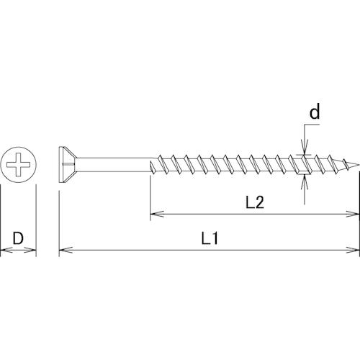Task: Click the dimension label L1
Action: click(210, 239)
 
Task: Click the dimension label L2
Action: click(255, 202)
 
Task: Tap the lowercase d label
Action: click(315, 112)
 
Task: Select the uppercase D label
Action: click(18, 238)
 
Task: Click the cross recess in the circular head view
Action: click(18, 165)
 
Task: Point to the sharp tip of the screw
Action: click(359, 165)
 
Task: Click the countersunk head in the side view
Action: click(68, 165)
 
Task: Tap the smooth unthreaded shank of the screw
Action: click(114, 165)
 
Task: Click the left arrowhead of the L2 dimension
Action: click(157, 214)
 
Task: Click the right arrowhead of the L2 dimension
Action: click(352, 214)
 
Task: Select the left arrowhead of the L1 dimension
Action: click(66, 250)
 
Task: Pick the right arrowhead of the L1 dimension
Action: click(352, 250)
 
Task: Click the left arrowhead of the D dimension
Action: click(6, 250)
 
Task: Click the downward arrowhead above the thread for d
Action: click(305, 148)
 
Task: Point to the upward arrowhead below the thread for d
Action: click(305, 182)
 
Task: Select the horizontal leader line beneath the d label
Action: click(312, 125)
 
